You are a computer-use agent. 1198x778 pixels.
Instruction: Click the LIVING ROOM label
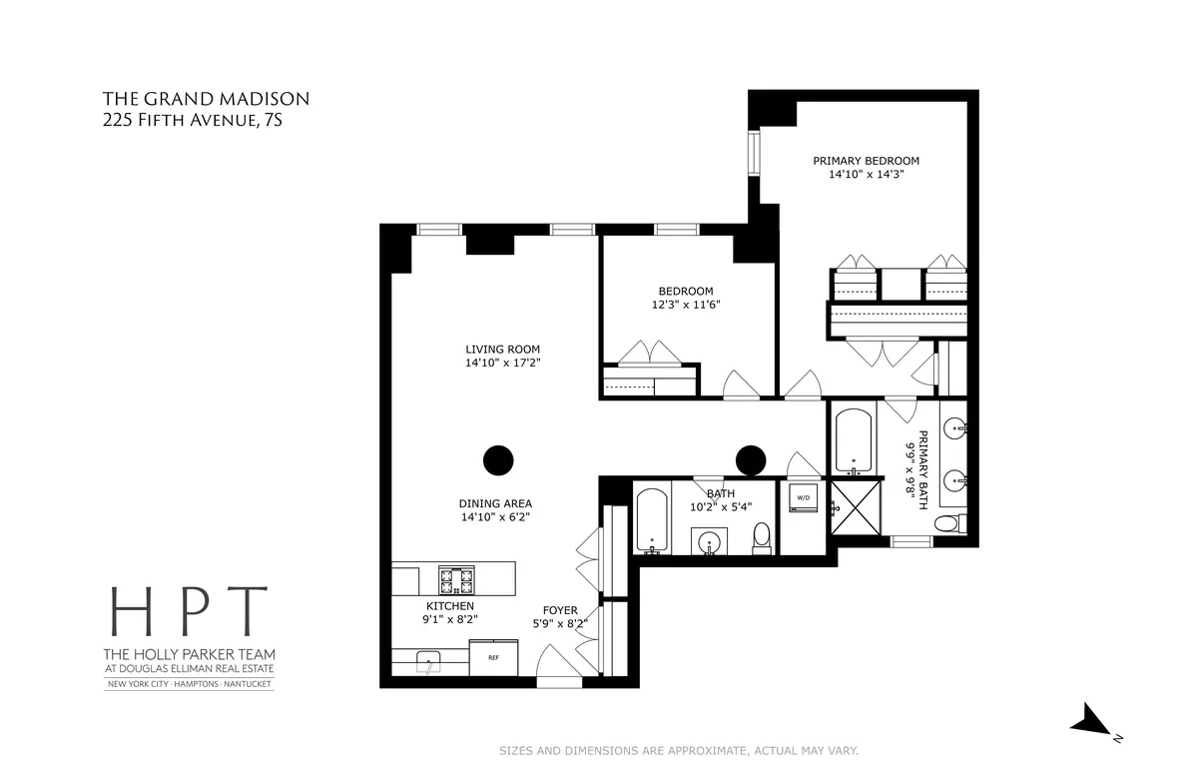(502, 350)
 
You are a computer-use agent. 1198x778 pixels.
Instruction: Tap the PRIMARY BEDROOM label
(866, 161)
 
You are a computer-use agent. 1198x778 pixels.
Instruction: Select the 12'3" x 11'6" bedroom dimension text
(685, 306)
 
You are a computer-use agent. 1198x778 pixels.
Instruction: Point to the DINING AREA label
(496, 503)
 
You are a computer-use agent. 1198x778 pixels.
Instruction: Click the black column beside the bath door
(750, 459)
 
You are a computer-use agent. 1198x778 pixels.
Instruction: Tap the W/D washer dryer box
(803, 498)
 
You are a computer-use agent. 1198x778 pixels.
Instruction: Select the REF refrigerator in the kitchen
(493, 658)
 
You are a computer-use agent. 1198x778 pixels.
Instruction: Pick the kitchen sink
(430, 660)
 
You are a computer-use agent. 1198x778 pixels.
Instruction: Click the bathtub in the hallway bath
(652, 519)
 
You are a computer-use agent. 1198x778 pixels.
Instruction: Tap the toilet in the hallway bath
(762, 536)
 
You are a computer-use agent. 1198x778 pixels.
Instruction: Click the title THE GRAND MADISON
(207, 99)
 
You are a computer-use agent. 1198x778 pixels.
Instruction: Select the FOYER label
(560, 610)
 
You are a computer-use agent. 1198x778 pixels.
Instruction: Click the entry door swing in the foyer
(554, 662)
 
